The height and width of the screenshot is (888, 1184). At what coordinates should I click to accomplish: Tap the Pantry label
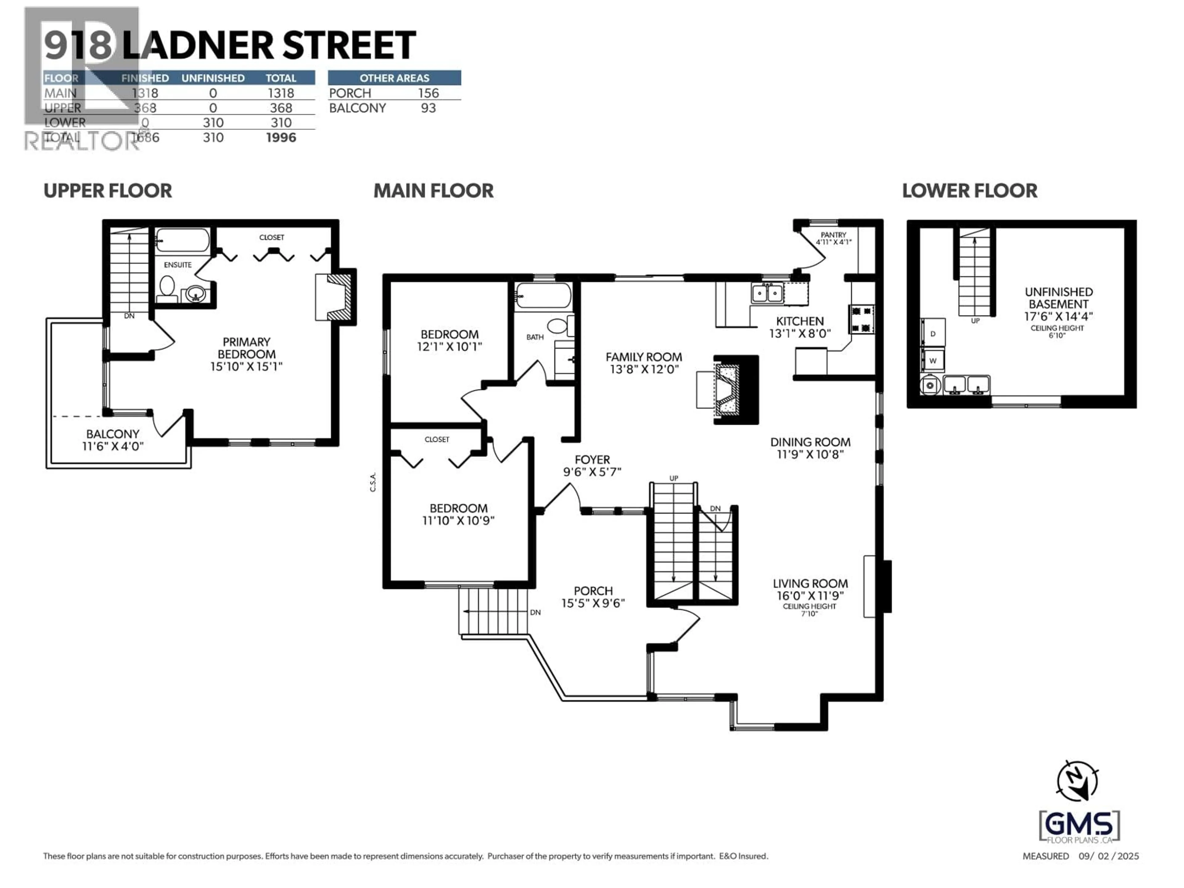[833, 235]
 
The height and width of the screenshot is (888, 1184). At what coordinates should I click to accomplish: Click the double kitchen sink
[767, 293]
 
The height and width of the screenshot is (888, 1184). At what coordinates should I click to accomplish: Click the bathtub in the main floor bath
[543, 295]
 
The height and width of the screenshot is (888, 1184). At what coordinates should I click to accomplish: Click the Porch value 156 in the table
[428, 93]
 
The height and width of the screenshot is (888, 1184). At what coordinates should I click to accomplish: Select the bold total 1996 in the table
[281, 138]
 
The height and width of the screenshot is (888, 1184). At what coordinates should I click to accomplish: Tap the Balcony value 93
[428, 108]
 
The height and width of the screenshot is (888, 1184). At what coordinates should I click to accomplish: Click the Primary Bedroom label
[246, 348]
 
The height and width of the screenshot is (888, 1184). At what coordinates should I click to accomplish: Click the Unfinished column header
[213, 78]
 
